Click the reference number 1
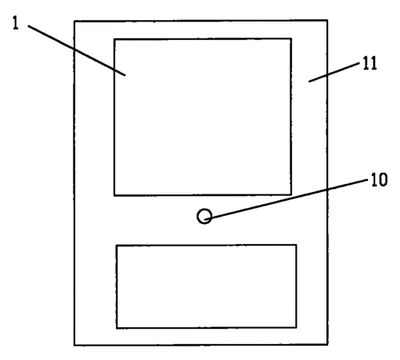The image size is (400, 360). pyautogui.click(x=16, y=23)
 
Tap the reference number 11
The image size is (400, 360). pyautogui.click(x=370, y=63)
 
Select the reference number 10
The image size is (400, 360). pyautogui.click(x=379, y=179)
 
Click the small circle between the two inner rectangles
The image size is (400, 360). pyautogui.click(x=205, y=216)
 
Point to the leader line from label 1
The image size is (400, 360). pyautogui.click(x=77, y=50)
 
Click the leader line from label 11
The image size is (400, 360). pyautogui.click(x=334, y=72)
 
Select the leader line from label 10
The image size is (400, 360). pyautogui.click(x=286, y=200)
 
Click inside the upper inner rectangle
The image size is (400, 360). pyautogui.click(x=202, y=117)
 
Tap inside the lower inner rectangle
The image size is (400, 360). pyautogui.click(x=206, y=286)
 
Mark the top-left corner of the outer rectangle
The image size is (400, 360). pyautogui.click(x=74, y=21)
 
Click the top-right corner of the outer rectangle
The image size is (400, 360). pyautogui.click(x=327, y=20)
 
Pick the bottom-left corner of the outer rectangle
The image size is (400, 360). pyautogui.click(x=74, y=346)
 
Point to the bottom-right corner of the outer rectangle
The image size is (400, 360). pyautogui.click(x=328, y=345)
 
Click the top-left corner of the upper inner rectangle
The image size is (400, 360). pyautogui.click(x=114, y=39)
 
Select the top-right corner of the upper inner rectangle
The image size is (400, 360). pyautogui.click(x=291, y=39)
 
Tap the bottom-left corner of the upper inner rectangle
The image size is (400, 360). pyautogui.click(x=114, y=195)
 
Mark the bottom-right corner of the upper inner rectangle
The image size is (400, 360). pyautogui.click(x=291, y=194)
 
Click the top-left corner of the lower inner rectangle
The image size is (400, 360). pyautogui.click(x=117, y=245)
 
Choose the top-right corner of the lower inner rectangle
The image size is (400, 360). pyautogui.click(x=296, y=245)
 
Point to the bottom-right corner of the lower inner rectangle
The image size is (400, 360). pyautogui.click(x=296, y=327)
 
